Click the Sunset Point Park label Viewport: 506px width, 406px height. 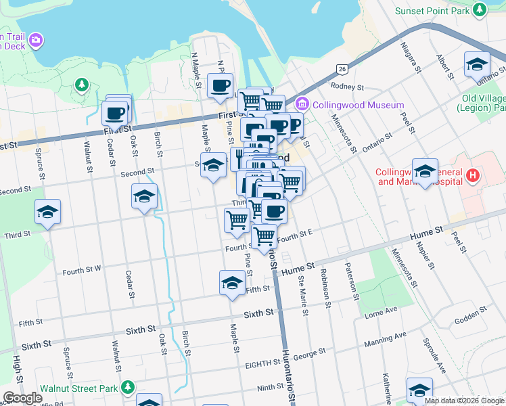click(x=433, y=10)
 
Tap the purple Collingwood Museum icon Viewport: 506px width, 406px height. click(x=302, y=105)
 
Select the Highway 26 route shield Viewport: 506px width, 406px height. click(x=342, y=69)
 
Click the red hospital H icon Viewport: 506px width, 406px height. click(x=474, y=177)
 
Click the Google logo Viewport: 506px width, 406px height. click(x=22, y=398)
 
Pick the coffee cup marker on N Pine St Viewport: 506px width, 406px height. click(x=220, y=85)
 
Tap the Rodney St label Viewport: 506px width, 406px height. click(x=347, y=87)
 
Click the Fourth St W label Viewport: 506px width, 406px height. click(x=82, y=271)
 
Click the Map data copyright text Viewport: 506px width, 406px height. click(x=463, y=401)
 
